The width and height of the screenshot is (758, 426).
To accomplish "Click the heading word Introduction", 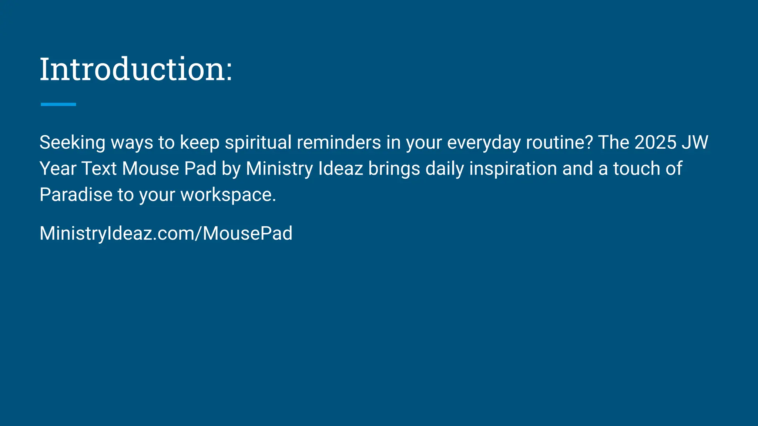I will tap(135, 69).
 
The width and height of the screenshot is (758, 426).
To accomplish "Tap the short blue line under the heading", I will tap(58, 105).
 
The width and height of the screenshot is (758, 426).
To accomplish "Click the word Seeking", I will tap(72, 143).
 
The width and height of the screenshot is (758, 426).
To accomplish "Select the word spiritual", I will tap(258, 143).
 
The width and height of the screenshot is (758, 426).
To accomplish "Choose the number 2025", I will tap(655, 142).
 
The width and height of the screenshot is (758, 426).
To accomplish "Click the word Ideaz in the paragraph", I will tap(341, 169).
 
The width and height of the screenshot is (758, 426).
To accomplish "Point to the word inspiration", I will tap(513, 169).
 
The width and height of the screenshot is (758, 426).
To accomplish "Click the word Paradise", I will tap(76, 195).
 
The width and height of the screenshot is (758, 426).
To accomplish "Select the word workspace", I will tap(228, 195).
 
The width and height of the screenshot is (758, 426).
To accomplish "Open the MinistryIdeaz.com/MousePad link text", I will tap(166, 233).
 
